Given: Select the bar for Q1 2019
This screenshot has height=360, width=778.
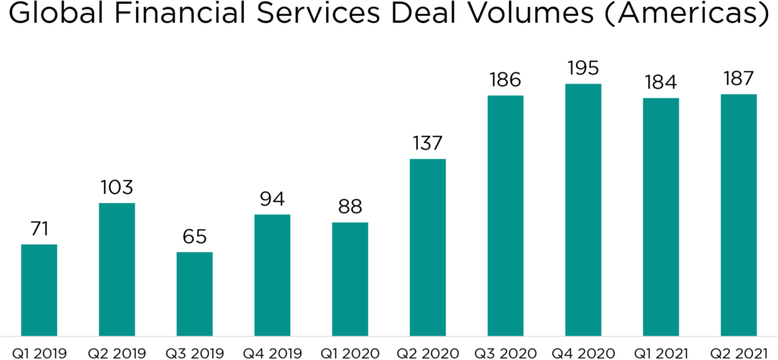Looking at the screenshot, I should tap(39, 289).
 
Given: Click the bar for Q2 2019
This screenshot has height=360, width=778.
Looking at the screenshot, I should tap(117, 269).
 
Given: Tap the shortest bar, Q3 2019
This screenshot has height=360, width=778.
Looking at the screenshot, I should tap(194, 293).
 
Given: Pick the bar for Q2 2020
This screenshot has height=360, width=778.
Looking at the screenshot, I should tap(428, 247).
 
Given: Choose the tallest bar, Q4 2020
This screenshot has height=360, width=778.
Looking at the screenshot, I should tap(583, 209).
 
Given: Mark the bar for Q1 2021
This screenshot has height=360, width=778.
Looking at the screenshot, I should tap(661, 216).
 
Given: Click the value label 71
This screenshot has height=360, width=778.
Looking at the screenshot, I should tap(39, 228).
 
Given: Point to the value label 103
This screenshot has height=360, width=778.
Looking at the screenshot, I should tap(117, 187).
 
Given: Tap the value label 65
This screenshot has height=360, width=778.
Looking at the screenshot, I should tap(194, 235).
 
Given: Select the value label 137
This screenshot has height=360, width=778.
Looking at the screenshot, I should tap(428, 143).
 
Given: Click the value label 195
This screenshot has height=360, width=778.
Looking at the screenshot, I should tap(583, 68).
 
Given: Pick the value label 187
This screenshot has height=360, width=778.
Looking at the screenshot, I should tap(738, 78).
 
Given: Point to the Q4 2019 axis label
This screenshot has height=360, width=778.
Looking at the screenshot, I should tap(272, 352).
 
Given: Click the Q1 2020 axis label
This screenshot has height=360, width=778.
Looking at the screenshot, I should tap(350, 352).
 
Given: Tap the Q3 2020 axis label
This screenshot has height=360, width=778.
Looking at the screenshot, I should tap(505, 352).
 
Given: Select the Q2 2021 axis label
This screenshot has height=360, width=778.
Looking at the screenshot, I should tap(738, 352).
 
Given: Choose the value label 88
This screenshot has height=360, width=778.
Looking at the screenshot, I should tap(350, 207).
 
